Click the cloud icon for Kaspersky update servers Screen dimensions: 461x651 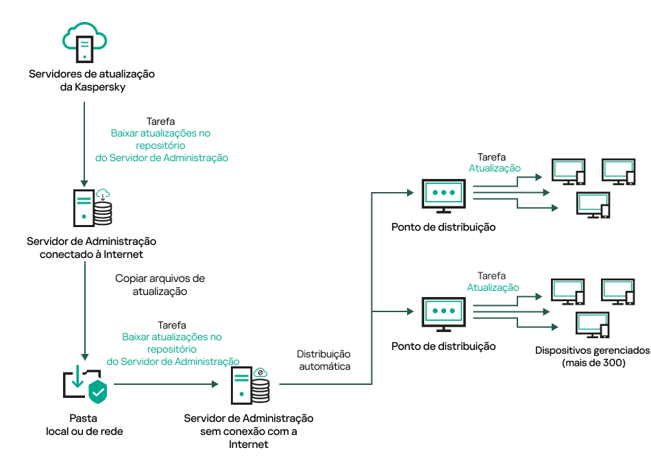click(x=84, y=40)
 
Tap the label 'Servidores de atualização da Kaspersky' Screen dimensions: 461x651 click(x=92, y=80)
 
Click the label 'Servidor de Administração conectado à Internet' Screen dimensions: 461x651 click(x=92, y=248)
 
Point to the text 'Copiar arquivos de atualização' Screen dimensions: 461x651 click(x=160, y=285)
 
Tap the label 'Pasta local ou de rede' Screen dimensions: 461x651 click(x=84, y=424)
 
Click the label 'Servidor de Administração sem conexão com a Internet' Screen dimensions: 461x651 click(x=249, y=431)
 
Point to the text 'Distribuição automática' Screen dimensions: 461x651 click(x=323, y=360)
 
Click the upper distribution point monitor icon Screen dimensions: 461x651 click(x=443, y=195)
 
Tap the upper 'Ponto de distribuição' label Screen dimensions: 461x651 click(x=443, y=227)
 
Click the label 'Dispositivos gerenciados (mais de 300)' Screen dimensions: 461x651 click(x=592, y=356)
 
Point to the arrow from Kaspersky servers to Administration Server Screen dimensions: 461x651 click(x=84, y=144)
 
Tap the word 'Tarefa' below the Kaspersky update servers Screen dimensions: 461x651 click(x=161, y=121)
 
